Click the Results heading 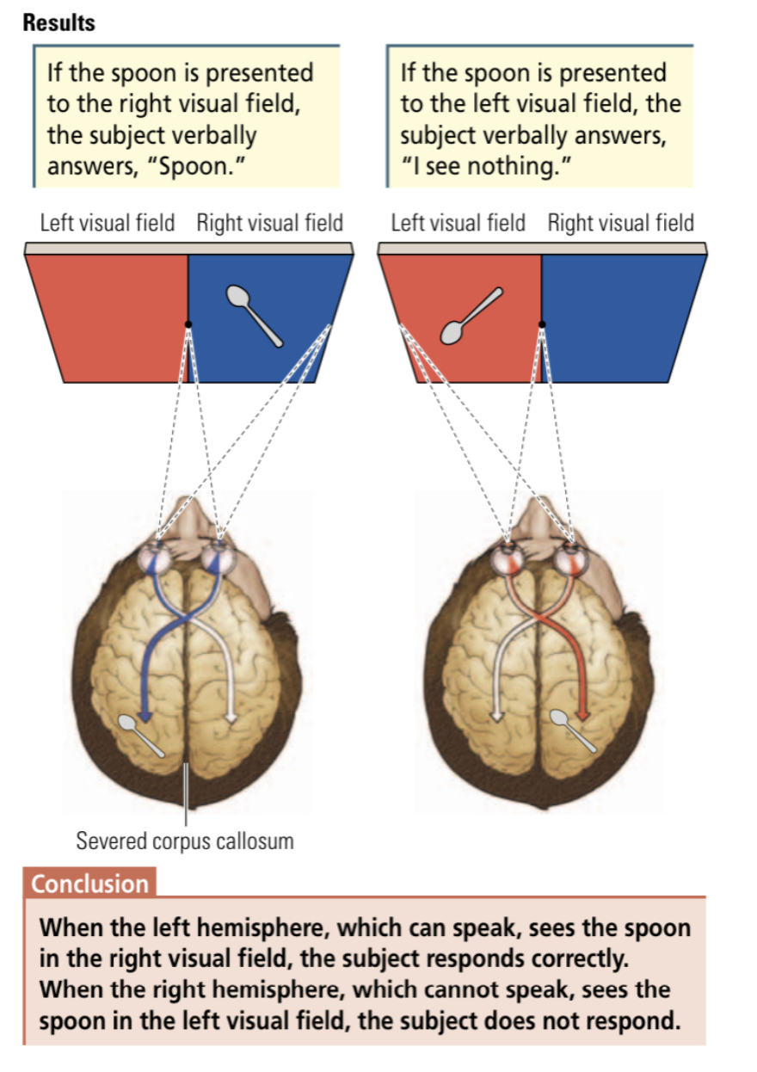58,23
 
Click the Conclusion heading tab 89,884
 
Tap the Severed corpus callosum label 185,840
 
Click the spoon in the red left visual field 471,316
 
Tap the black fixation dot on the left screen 188,324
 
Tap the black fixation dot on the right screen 541,324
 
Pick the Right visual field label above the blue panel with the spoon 269,224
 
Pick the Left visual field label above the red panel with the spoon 458,224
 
